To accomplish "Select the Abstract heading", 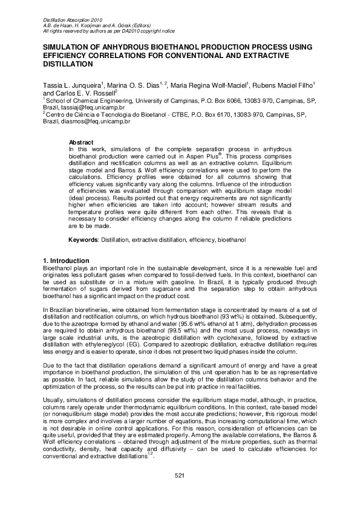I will (x=81, y=141).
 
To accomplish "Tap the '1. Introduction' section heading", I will (x=67, y=260).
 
